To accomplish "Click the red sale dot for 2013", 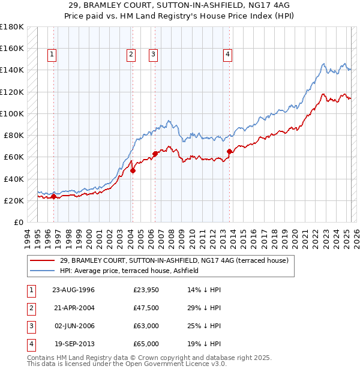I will tap(230, 152).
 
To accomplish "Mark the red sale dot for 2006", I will tap(155, 154).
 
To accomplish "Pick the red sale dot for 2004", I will tap(133, 170).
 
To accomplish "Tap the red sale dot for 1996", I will tap(54, 196).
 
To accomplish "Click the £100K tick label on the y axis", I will tap(12, 113).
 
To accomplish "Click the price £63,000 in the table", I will tap(146, 326).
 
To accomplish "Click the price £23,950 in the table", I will tap(146, 290).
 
